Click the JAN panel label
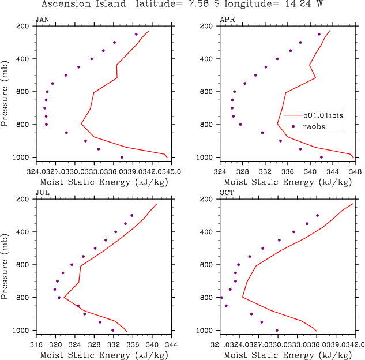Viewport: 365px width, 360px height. [x=42, y=20]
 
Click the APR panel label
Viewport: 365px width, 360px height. [x=227, y=20]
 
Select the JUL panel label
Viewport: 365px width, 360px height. [x=42, y=193]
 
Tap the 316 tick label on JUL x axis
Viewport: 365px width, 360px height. [x=36, y=344]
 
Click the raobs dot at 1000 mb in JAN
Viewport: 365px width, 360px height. [x=122, y=157]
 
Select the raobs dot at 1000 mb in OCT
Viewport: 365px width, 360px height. [x=277, y=331]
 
